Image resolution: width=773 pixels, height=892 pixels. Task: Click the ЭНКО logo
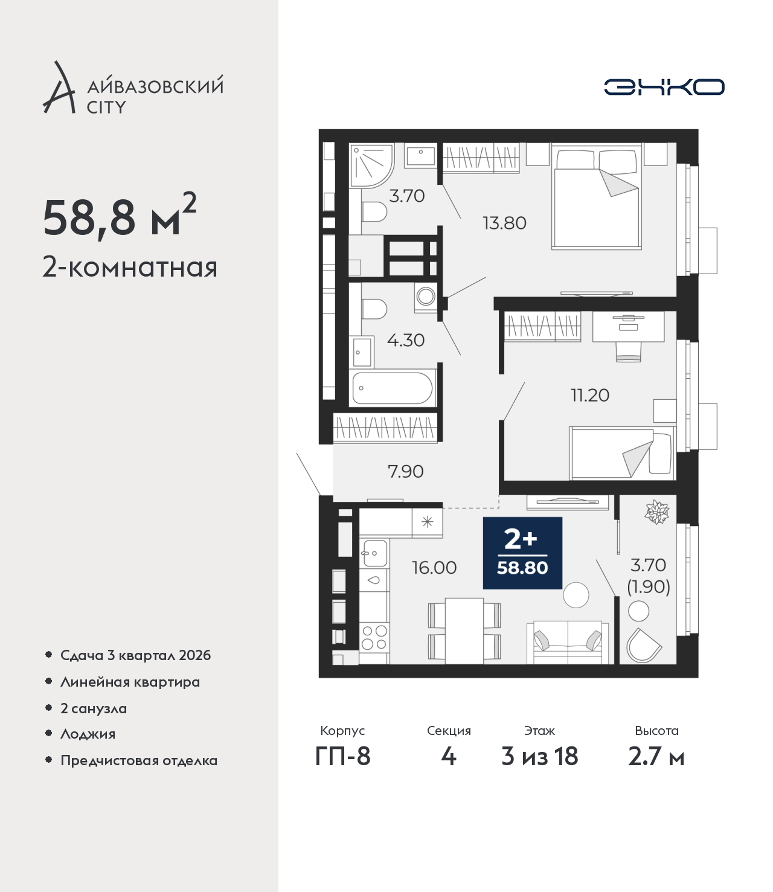pyautogui.click(x=664, y=87)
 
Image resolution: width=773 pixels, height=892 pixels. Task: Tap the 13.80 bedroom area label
pyautogui.click(x=504, y=223)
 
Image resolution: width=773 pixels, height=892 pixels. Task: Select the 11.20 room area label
pyautogui.click(x=590, y=395)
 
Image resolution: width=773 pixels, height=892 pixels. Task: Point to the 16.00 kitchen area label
pyautogui.click(x=434, y=568)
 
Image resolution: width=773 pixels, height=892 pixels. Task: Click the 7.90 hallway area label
pyautogui.click(x=406, y=471)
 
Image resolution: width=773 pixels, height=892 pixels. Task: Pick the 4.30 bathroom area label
pyautogui.click(x=406, y=341)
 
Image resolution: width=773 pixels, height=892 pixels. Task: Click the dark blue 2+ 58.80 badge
pyautogui.click(x=522, y=553)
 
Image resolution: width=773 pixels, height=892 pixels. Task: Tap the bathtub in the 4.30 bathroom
pyautogui.click(x=393, y=388)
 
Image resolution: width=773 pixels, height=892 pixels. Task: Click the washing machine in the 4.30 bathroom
pyautogui.click(x=426, y=297)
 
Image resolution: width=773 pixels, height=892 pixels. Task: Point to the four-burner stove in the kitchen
pyautogui.click(x=374, y=638)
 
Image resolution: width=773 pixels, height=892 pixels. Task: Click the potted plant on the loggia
pyautogui.click(x=657, y=512)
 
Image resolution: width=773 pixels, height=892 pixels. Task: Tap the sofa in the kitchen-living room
pyautogui.click(x=568, y=643)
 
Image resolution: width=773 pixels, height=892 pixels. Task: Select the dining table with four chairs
pyautogui.click(x=464, y=631)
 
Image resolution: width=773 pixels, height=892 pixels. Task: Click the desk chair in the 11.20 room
pyautogui.click(x=629, y=352)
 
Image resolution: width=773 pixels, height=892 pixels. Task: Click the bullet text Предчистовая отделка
pyautogui.click(x=139, y=760)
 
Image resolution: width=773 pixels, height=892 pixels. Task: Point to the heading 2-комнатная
pyautogui.click(x=130, y=268)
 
